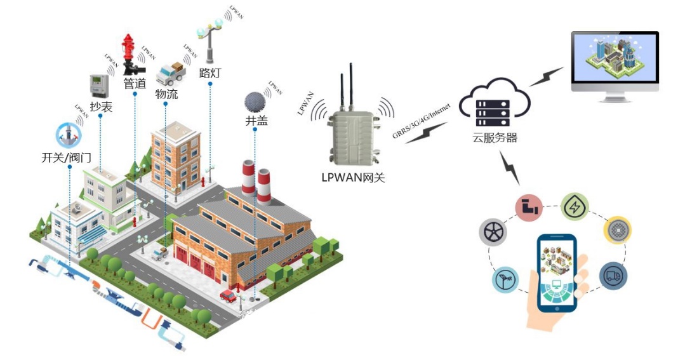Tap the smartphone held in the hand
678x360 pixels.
(556, 273)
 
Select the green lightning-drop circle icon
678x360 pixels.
(575, 206)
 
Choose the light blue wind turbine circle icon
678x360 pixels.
(506, 279)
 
